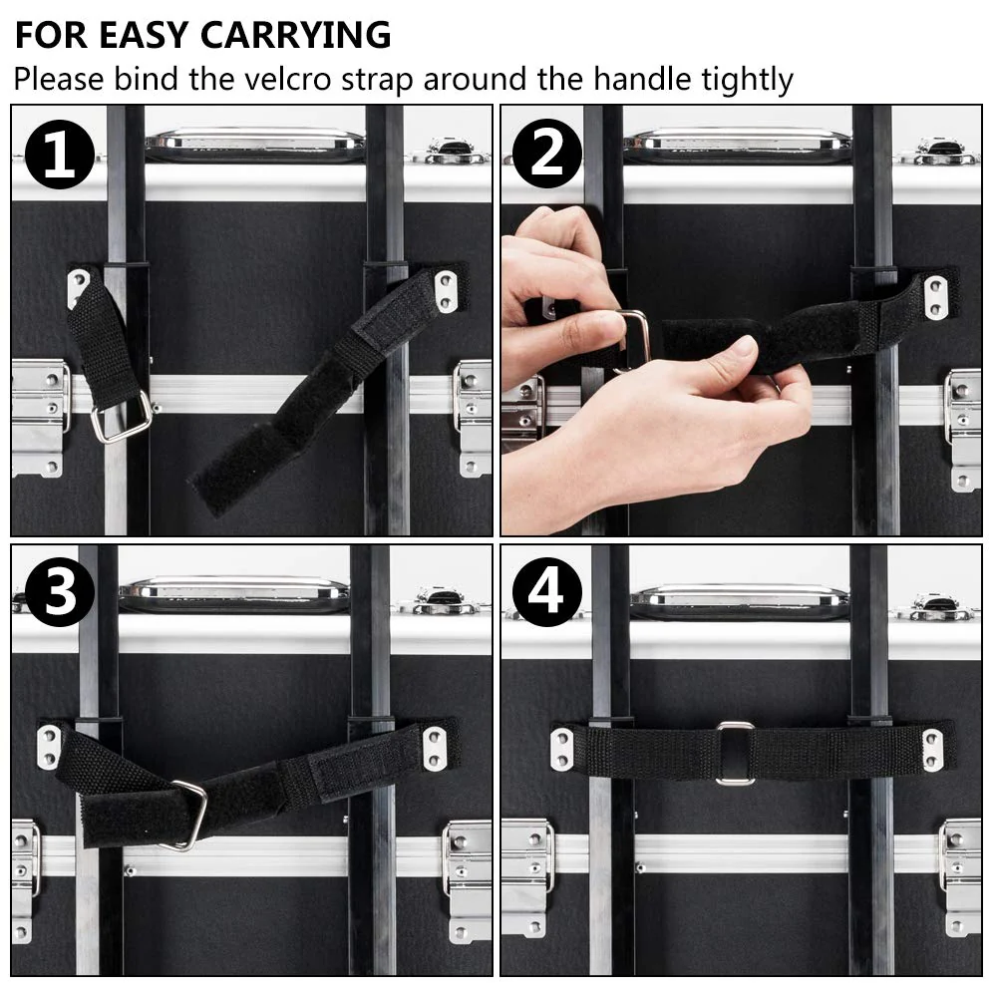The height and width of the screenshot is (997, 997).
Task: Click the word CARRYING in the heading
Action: pyautogui.click(x=295, y=35)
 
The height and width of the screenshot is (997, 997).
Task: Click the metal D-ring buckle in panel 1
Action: pyautogui.click(x=122, y=417)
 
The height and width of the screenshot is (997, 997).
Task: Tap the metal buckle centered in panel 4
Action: pyautogui.click(x=735, y=753)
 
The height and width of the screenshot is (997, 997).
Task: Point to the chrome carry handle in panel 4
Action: pyautogui.click(x=740, y=599)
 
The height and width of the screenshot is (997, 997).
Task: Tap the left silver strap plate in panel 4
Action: pyautogui.click(x=562, y=749)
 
